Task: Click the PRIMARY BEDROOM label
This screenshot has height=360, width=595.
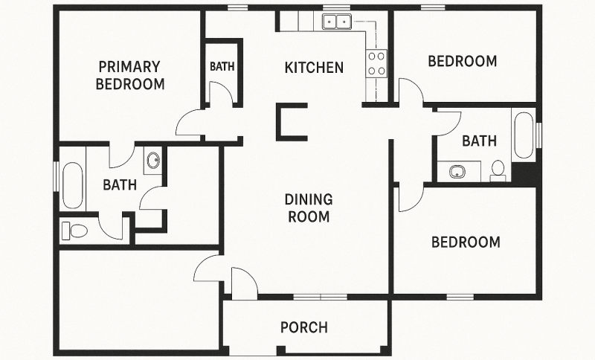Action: [130, 74]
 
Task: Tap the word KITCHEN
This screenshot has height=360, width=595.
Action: [314, 68]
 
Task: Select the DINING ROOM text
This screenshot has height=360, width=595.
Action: [308, 208]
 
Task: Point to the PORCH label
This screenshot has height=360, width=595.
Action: [303, 327]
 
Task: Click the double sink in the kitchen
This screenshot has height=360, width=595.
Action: [337, 22]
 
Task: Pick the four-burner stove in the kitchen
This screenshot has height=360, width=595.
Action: [376, 63]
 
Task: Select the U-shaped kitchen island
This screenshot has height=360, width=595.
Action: [291, 122]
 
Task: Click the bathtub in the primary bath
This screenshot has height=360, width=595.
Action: [73, 185]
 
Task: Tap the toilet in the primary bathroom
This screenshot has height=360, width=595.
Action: [74, 230]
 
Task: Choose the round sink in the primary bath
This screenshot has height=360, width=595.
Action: [153, 161]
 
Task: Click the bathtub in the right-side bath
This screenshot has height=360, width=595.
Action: [524, 135]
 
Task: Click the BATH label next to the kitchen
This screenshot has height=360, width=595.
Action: [222, 66]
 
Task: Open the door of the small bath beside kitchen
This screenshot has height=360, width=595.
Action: [219, 94]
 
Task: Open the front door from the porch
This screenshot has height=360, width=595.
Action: [243, 283]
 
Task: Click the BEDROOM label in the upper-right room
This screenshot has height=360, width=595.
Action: [462, 61]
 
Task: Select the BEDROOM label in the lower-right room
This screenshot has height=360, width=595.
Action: [466, 242]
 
